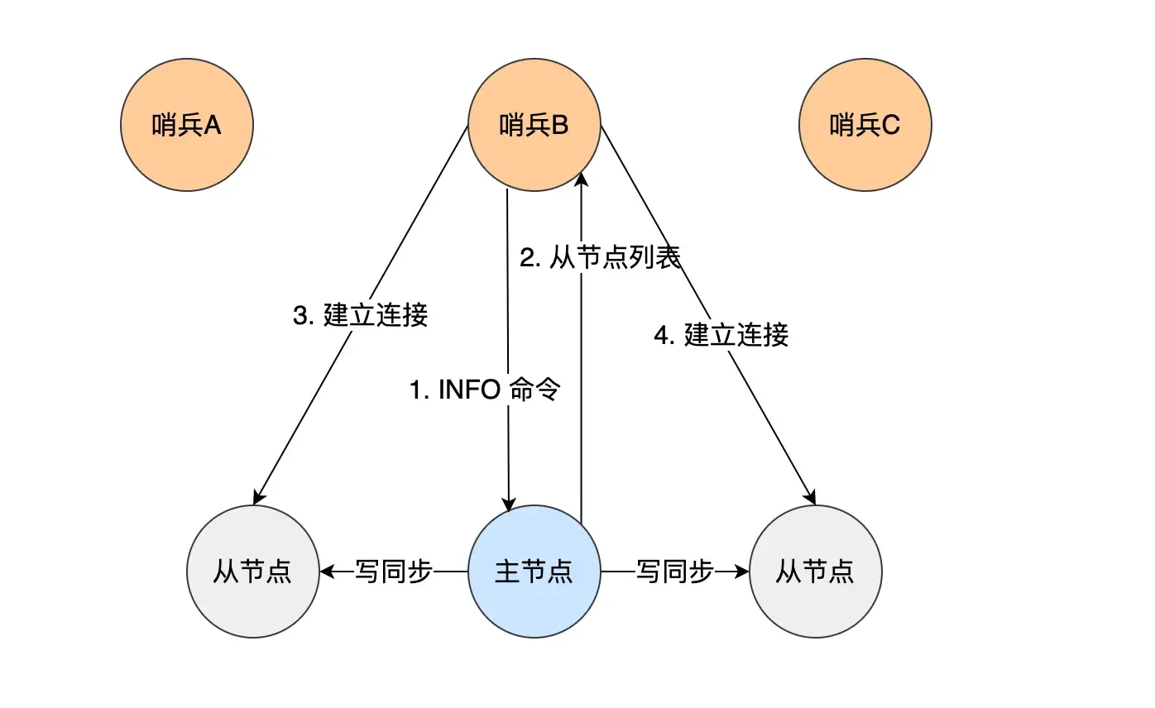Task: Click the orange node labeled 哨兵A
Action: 187,126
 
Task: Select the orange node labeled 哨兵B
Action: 534,126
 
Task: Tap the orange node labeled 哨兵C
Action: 865,126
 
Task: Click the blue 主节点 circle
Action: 534,572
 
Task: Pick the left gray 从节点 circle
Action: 253,572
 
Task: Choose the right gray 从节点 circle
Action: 816,572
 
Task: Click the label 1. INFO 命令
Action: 486,389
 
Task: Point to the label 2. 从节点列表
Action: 601,258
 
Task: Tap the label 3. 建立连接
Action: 361,315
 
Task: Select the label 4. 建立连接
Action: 721,335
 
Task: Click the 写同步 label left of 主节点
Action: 394,572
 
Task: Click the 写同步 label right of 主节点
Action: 675,572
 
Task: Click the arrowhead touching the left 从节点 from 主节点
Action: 327,572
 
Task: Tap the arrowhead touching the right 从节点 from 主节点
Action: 741,572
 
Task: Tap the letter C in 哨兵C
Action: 890,126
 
